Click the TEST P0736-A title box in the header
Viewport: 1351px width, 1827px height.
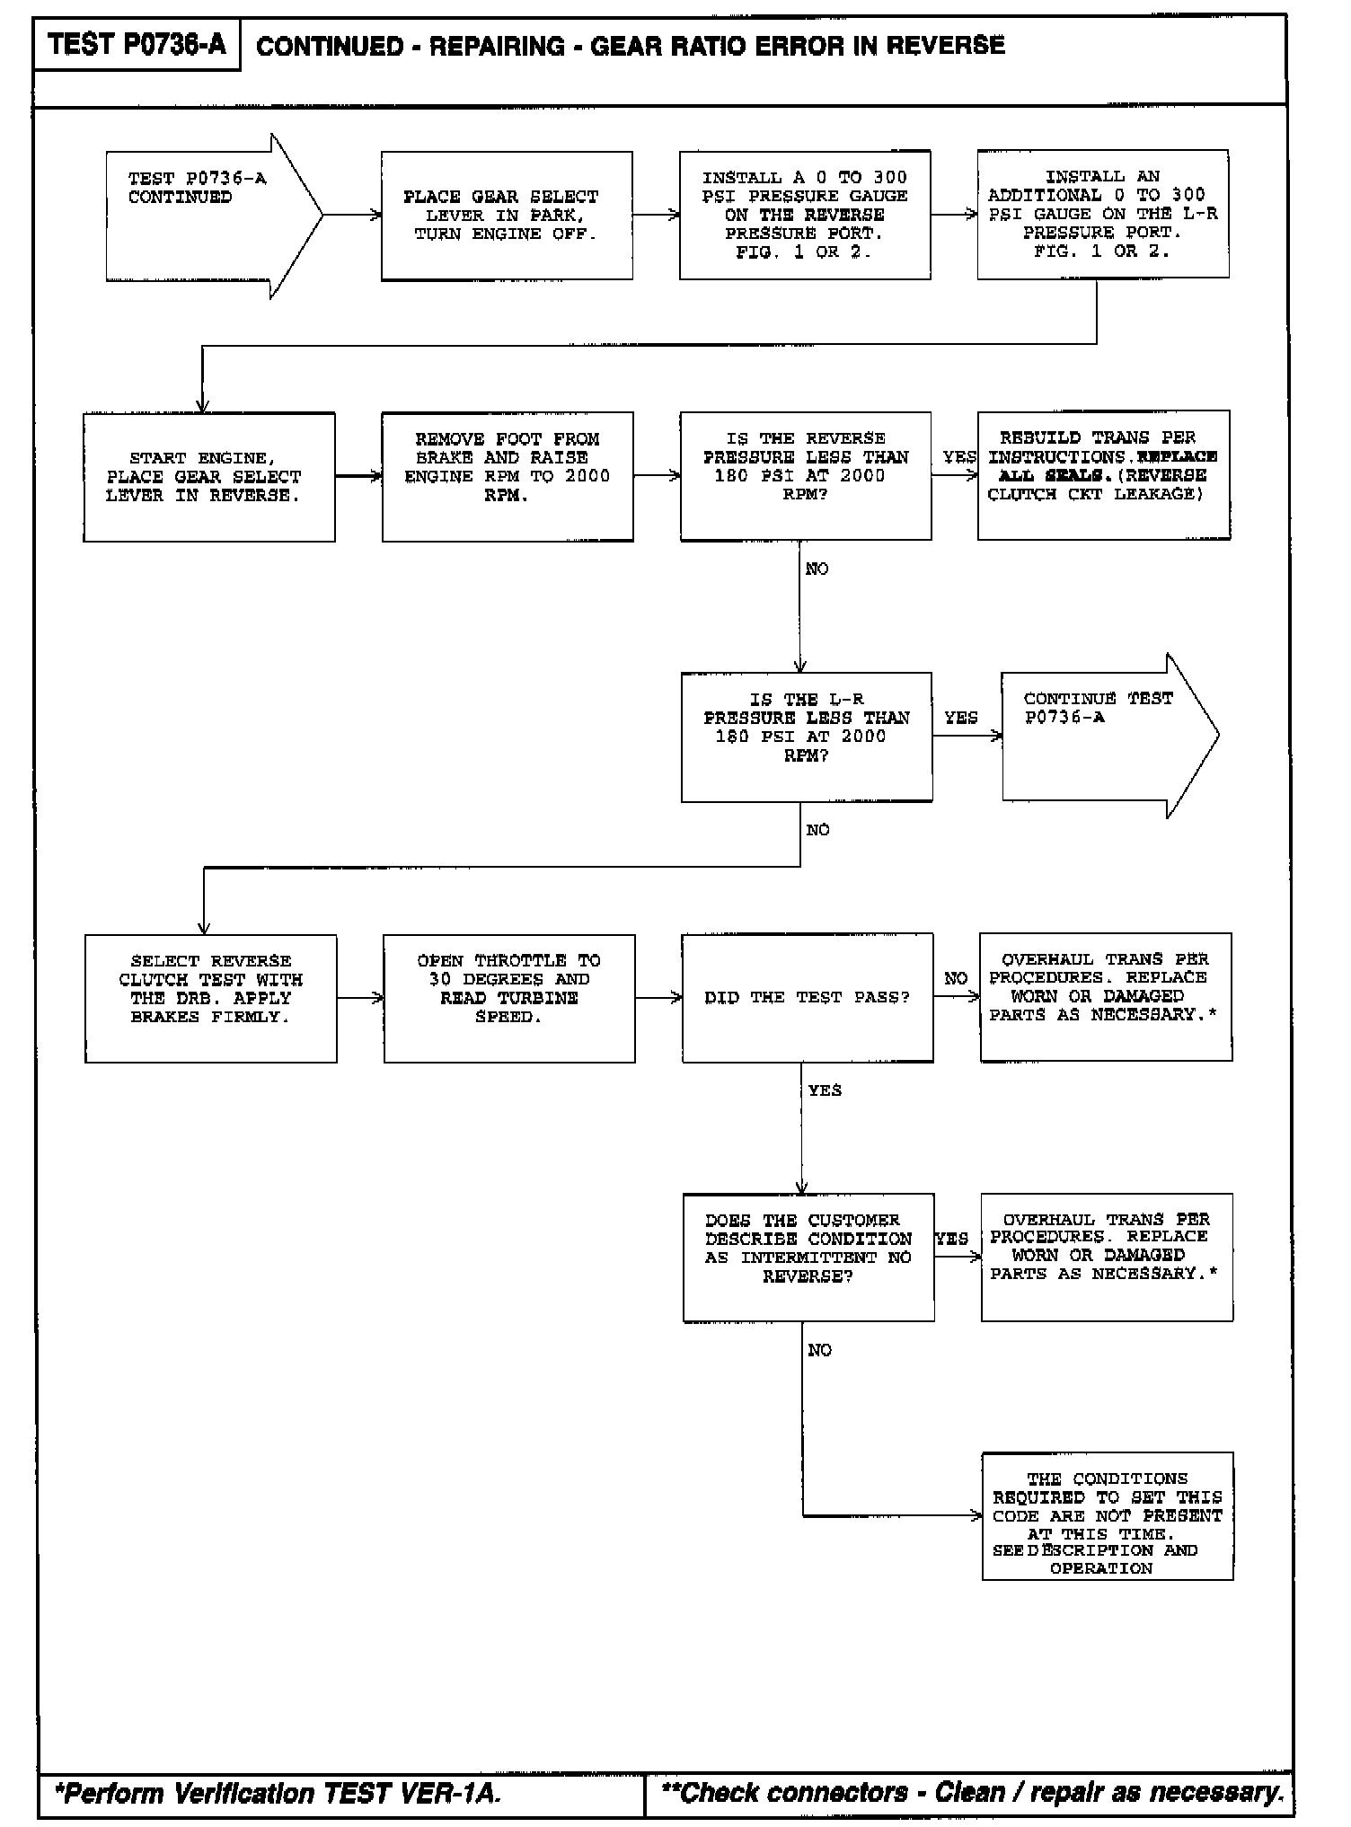(x=137, y=44)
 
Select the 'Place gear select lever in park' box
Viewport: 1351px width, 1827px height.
(x=507, y=216)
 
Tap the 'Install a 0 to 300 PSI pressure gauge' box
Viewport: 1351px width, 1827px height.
(x=805, y=216)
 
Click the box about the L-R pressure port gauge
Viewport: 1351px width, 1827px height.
(x=1103, y=215)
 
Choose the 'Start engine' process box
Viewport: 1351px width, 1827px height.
(x=209, y=477)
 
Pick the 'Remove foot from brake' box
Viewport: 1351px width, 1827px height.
(x=508, y=477)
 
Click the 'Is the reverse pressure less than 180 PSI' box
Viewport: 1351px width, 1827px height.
(x=806, y=476)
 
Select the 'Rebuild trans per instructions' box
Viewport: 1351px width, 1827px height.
(x=1104, y=475)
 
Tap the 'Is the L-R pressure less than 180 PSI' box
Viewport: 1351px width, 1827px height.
(x=807, y=737)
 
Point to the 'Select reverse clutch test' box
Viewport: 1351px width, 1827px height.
(x=211, y=998)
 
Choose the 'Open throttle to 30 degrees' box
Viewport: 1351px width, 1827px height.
(x=509, y=998)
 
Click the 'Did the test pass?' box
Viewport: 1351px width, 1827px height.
(x=808, y=998)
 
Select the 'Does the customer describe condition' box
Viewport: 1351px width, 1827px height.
(x=808, y=1258)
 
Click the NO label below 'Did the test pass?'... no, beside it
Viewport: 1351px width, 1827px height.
(x=956, y=978)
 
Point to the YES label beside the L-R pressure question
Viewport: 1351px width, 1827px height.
(x=961, y=718)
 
